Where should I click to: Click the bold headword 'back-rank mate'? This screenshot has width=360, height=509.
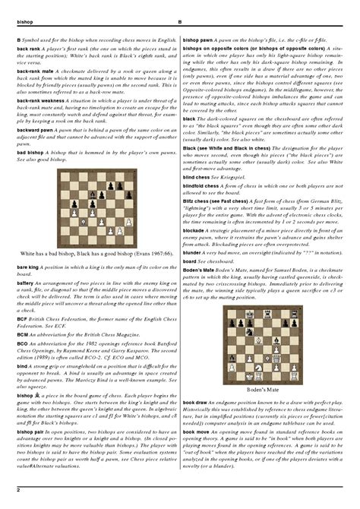click(x=30, y=70)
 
